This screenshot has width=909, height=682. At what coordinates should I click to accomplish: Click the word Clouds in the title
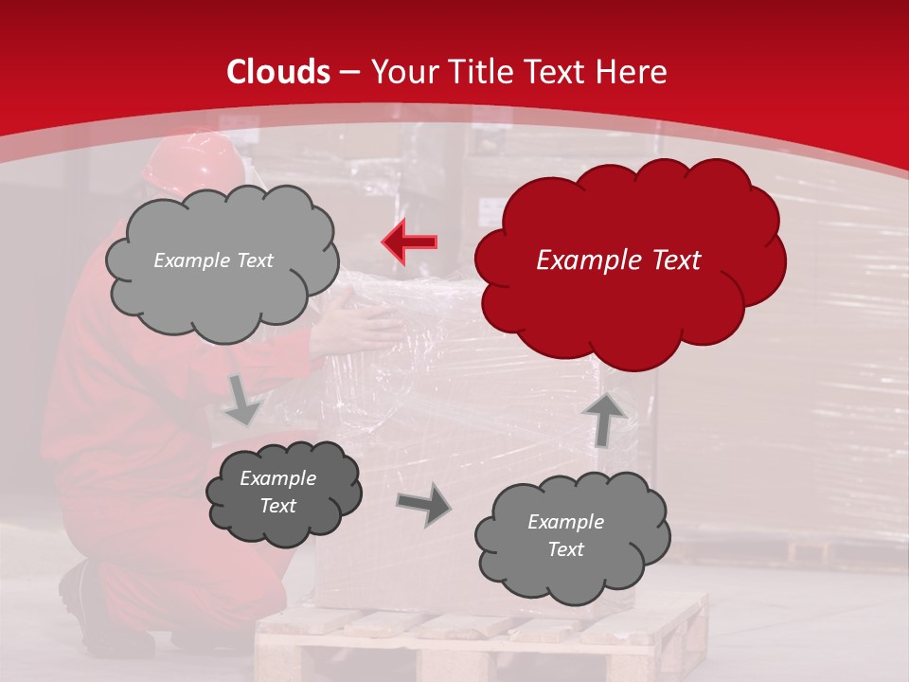point(278,72)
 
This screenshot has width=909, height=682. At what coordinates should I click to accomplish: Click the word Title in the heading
point(477,72)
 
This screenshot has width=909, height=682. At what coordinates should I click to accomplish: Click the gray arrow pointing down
point(241,399)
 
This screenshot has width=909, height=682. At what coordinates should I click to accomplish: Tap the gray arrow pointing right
point(423,506)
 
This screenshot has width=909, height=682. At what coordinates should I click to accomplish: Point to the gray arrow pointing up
point(605,420)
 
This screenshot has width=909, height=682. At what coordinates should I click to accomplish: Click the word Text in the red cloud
point(670,260)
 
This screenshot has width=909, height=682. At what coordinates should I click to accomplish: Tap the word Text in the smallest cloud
point(277,506)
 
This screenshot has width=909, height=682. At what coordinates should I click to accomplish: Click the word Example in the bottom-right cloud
point(565,522)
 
